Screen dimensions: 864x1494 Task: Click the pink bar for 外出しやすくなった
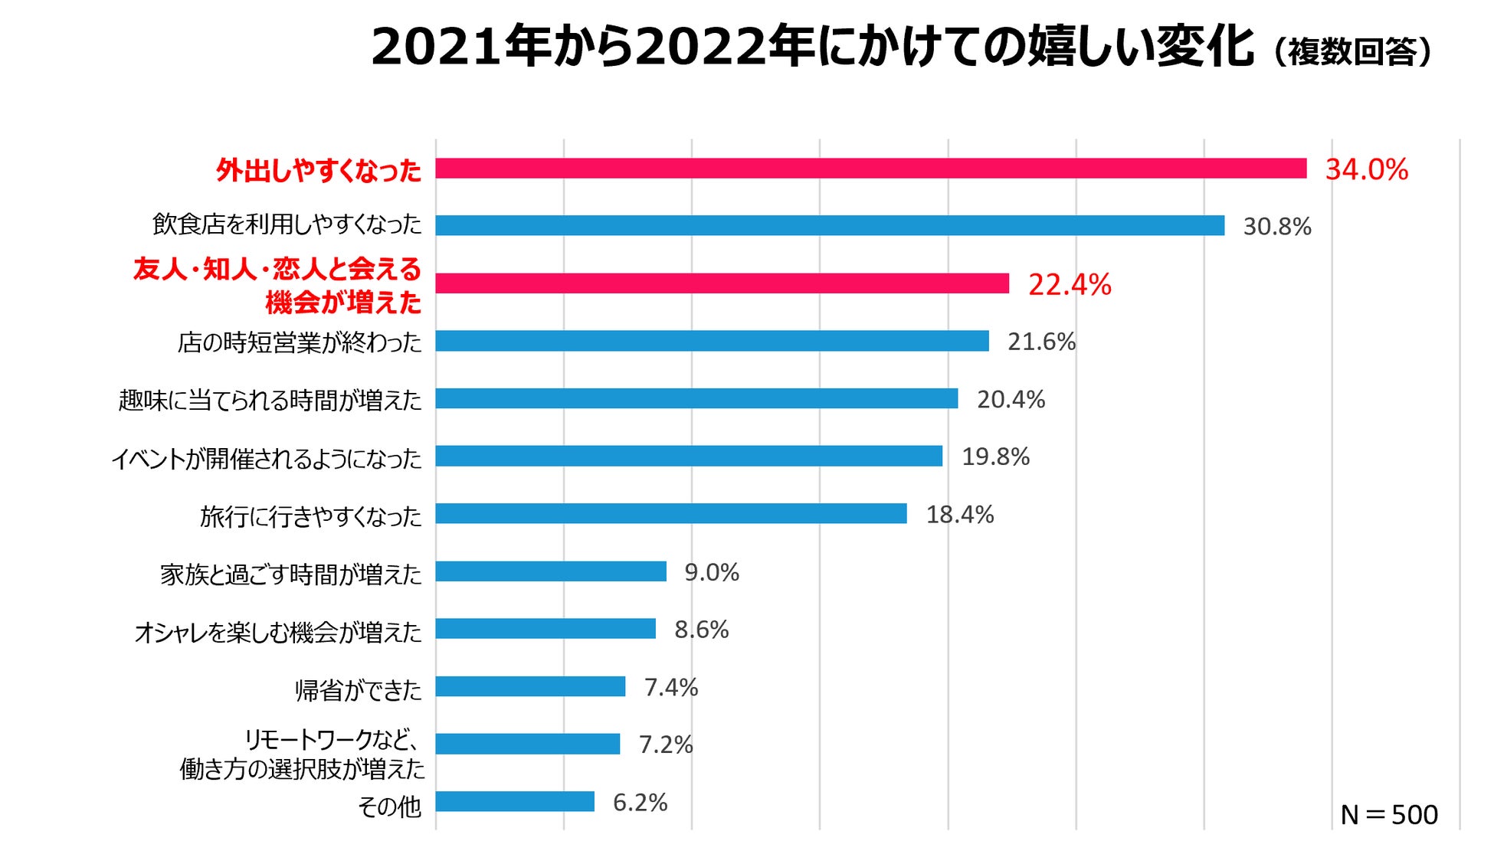pyautogui.click(x=870, y=169)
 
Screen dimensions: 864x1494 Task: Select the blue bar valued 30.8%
pyautogui.click(x=830, y=225)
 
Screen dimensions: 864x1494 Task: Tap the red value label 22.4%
pyautogui.click(x=1069, y=285)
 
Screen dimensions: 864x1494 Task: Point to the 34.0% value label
pyautogui.click(x=1366, y=169)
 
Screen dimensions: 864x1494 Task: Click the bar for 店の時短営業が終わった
pyautogui.click(x=712, y=341)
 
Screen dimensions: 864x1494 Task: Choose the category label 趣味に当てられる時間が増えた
pyautogui.click(x=270, y=400)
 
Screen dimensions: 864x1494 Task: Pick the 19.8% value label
pyautogui.click(x=995, y=457)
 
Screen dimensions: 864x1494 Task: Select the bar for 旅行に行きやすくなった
pyautogui.click(x=671, y=514)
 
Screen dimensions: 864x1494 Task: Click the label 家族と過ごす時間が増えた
pyautogui.click(x=290, y=574)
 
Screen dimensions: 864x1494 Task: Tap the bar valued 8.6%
pyautogui.click(x=546, y=629)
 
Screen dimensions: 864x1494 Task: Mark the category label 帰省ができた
pyautogui.click(x=358, y=690)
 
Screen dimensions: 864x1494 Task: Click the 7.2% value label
pyautogui.click(x=665, y=745)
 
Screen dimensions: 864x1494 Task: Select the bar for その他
pyautogui.click(x=515, y=802)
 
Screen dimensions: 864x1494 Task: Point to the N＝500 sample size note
pyautogui.click(x=1388, y=814)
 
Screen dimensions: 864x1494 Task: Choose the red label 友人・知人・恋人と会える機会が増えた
pyautogui.click(x=277, y=285)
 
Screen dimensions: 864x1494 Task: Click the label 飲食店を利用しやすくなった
pyautogui.click(x=287, y=224)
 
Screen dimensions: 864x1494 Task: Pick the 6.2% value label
pyautogui.click(x=640, y=802)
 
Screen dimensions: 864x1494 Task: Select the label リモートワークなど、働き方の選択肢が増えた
pyautogui.click(x=302, y=754)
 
